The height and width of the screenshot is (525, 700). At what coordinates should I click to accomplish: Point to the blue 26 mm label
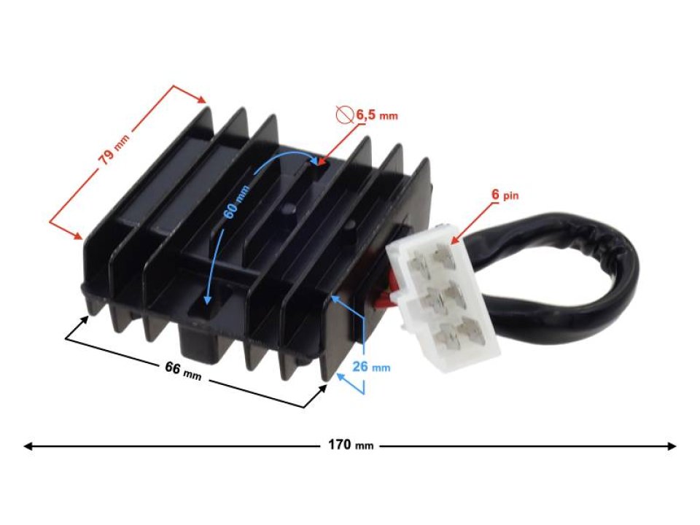pyautogui.click(x=371, y=367)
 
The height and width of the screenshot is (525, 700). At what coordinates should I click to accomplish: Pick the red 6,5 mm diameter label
pyautogui.click(x=376, y=115)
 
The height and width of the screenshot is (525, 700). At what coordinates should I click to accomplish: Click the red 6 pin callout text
pyautogui.click(x=506, y=196)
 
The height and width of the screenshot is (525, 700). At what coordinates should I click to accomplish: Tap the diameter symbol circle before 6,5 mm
pyautogui.click(x=343, y=114)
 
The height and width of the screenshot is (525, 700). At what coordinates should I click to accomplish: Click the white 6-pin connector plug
pyautogui.click(x=443, y=299)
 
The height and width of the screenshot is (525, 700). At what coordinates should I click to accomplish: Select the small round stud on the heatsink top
pyautogui.click(x=287, y=209)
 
